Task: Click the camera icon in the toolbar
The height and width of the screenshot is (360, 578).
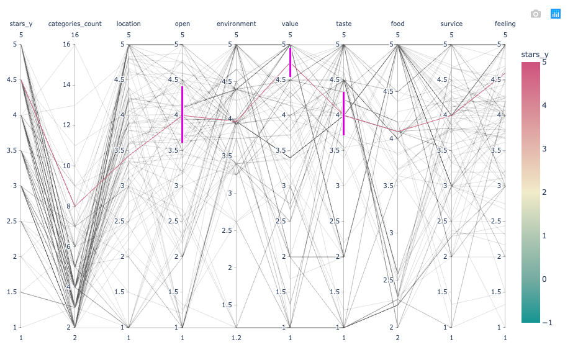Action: (536, 14)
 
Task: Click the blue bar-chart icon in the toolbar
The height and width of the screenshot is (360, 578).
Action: (556, 14)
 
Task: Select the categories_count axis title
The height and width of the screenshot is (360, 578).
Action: (75, 24)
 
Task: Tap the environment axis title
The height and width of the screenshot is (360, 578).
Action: (236, 24)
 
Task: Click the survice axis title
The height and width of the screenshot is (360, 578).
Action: (451, 24)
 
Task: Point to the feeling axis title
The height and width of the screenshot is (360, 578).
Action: (505, 24)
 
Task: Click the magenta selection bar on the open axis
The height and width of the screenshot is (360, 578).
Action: (182, 115)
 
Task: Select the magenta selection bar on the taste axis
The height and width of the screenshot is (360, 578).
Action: (343, 114)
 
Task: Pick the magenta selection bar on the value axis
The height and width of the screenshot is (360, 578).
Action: (290, 61)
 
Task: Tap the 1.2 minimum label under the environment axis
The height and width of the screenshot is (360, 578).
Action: (236, 338)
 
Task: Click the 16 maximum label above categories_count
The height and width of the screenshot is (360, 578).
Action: (75, 35)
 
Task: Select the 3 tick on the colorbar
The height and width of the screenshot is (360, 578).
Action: (544, 149)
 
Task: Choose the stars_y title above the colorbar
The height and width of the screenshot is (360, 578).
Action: (535, 55)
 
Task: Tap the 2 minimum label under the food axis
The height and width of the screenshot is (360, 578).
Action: (397, 338)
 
